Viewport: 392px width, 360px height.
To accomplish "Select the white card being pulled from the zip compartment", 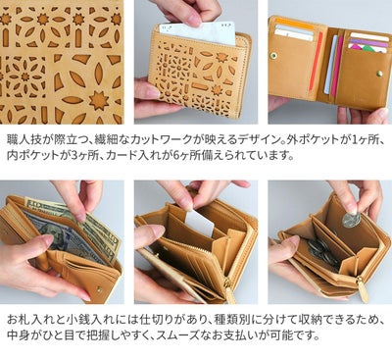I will [x=199, y=225].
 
